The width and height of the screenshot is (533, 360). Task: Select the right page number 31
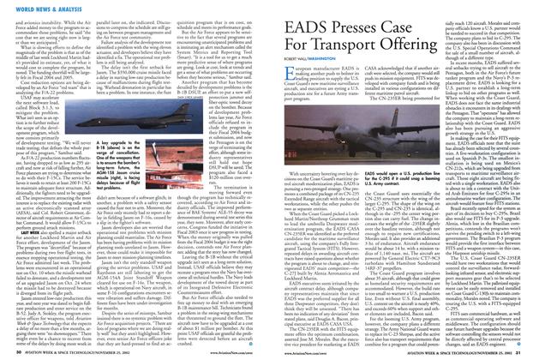click(525, 352)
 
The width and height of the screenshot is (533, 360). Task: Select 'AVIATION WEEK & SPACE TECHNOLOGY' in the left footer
click(60, 352)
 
